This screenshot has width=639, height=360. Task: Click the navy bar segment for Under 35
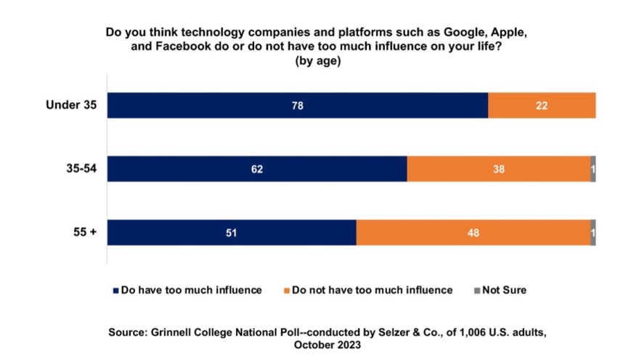click(x=298, y=105)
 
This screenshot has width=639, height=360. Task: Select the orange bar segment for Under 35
click(x=542, y=105)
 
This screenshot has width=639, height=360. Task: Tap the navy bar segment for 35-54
click(x=257, y=168)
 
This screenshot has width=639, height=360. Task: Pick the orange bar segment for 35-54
click(x=498, y=168)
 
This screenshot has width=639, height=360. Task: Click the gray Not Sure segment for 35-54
click(x=593, y=168)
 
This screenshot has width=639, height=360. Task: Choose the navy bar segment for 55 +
click(x=232, y=232)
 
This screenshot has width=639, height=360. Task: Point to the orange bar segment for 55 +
click(x=473, y=232)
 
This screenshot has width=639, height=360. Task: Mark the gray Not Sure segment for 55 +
click(x=593, y=232)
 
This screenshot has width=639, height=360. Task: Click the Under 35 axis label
click(x=71, y=105)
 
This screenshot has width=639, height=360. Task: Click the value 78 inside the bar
click(x=297, y=105)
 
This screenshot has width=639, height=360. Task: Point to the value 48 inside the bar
click(x=473, y=233)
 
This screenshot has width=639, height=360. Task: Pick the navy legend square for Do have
click(x=115, y=290)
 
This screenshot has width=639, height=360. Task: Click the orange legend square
click(x=287, y=290)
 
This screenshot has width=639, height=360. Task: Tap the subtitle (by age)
click(x=317, y=62)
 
